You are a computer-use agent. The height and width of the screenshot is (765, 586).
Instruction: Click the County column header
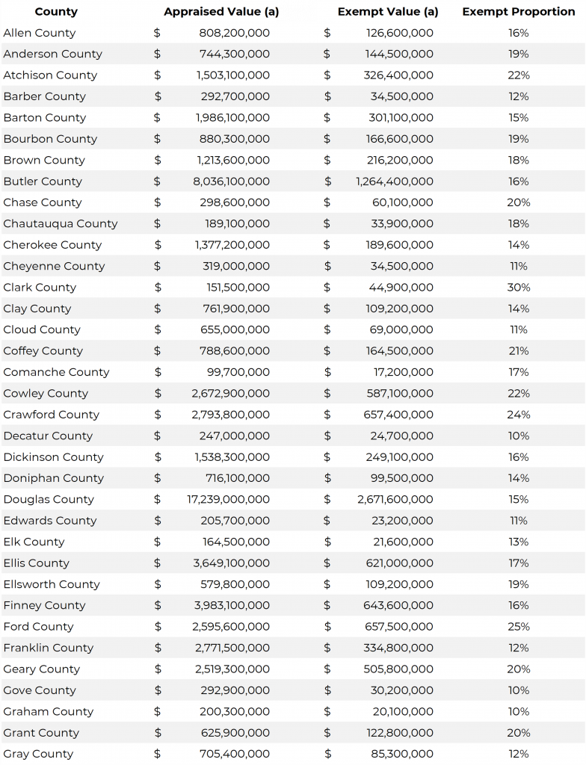click(x=56, y=12)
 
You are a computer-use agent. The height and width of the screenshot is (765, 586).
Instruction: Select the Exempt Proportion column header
click(x=518, y=12)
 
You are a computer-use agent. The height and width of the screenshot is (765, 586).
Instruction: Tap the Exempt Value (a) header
click(x=388, y=12)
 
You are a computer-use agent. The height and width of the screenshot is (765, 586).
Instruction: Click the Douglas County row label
click(x=49, y=499)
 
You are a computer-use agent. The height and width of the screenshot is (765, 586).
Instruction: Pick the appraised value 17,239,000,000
click(x=228, y=499)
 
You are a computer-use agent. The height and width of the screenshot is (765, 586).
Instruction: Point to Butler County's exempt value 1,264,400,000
click(x=394, y=182)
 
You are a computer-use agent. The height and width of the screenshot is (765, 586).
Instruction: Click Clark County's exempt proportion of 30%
click(x=518, y=288)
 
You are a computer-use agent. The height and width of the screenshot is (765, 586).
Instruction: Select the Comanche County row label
click(x=56, y=372)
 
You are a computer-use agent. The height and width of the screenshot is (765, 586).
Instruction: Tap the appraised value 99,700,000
click(x=238, y=372)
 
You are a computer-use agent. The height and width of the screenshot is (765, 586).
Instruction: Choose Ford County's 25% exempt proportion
click(x=518, y=627)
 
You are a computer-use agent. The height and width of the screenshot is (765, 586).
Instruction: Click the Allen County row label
click(x=40, y=33)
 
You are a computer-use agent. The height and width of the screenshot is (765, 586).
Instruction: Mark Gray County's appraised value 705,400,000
click(x=235, y=754)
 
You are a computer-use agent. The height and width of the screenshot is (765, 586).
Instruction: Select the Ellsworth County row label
click(x=52, y=584)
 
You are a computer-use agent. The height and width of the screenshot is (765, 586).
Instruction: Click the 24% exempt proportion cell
click(x=518, y=415)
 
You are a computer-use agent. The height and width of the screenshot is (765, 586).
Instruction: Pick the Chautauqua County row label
click(x=61, y=223)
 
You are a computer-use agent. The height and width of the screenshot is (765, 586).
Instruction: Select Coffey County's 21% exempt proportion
click(x=518, y=351)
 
